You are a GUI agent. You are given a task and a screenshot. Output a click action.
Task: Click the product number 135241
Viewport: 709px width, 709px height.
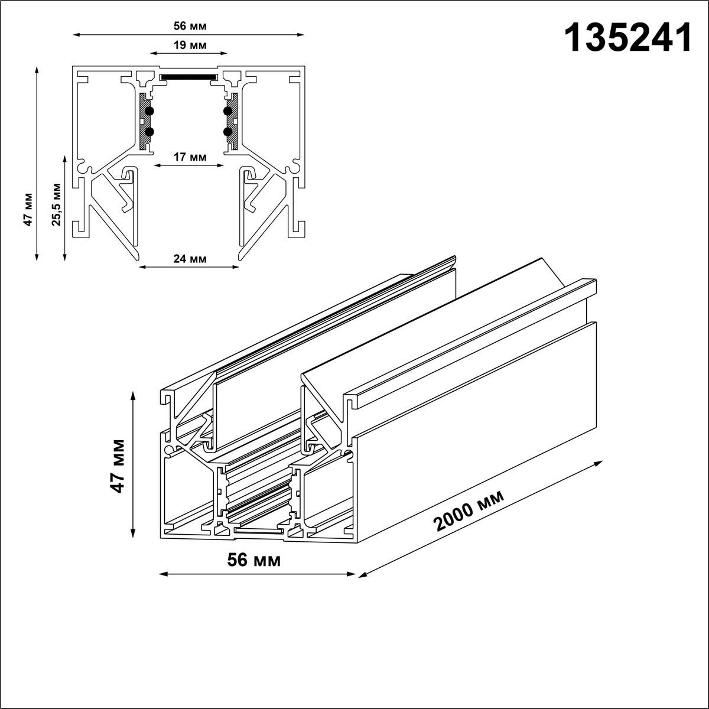(628, 38)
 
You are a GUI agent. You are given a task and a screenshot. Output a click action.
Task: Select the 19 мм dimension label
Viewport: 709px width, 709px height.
(190, 45)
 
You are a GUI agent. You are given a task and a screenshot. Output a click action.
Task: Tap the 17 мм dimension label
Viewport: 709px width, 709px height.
(190, 157)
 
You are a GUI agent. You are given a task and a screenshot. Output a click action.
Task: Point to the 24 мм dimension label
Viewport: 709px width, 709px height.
(190, 259)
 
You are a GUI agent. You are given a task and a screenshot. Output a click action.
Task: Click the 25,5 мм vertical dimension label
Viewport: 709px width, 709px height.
(56, 204)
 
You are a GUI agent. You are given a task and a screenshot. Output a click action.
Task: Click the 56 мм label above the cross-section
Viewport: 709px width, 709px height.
(190, 26)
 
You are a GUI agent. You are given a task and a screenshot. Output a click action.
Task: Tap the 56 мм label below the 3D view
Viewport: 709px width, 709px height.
(254, 560)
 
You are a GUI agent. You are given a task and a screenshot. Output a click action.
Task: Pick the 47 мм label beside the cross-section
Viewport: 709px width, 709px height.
(28, 209)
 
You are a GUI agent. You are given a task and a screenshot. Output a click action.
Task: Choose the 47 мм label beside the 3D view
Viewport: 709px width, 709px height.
(118, 466)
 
